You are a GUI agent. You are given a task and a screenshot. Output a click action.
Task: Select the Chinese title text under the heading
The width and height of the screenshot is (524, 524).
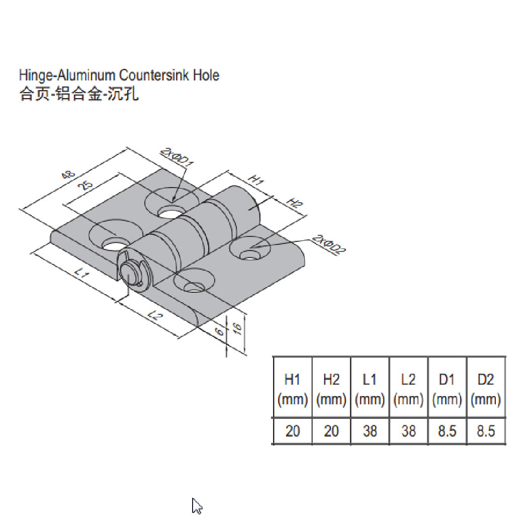click(x=78, y=94)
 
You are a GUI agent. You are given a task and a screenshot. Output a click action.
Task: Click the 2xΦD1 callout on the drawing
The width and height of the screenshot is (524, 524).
click(x=177, y=157)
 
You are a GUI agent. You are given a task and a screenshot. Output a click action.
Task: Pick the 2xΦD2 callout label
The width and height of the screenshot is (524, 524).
click(x=329, y=245)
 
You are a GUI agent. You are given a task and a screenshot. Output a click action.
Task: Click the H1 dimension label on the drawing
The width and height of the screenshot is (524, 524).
click(x=256, y=180)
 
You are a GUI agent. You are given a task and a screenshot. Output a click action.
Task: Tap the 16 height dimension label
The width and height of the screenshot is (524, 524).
click(x=238, y=329)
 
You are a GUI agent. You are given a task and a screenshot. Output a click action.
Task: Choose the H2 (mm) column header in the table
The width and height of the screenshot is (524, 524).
click(x=331, y=390)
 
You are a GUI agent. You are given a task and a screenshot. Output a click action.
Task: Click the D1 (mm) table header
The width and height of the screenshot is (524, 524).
click(x=447, y=390)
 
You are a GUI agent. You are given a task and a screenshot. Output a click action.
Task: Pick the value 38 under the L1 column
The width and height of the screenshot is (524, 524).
click(x=370, y=431)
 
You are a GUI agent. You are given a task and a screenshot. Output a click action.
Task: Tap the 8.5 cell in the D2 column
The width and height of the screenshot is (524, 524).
click(x=485, y=431)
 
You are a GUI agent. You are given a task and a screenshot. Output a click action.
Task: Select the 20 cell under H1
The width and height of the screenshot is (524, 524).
click(x=292, y=431)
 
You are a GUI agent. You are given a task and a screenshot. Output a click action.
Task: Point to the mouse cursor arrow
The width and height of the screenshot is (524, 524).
click(x=196, y=506)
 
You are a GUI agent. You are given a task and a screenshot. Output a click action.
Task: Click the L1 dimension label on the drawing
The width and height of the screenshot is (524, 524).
click(x=81, y=274)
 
